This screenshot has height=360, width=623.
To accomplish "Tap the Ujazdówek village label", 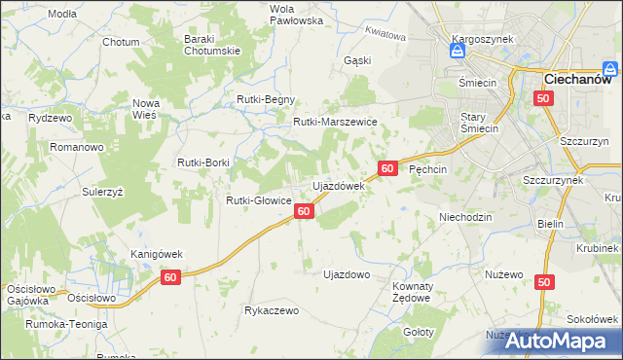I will (x=337, y=185).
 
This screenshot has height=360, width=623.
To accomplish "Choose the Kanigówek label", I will (x=157, y=254).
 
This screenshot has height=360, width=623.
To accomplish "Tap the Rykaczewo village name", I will (x=272, y=311).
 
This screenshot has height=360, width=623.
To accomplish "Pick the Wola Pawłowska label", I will (x=268, y=14).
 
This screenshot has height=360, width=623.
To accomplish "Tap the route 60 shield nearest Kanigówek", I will (x=171, y=278).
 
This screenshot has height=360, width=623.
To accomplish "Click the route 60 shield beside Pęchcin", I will (x=387, y=168).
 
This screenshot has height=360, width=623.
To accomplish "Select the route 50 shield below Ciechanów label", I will (x=544, y=98).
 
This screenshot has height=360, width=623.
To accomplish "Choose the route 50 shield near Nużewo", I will (x=544, y=282).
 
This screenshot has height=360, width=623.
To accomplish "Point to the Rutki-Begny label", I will (x=266, y=100).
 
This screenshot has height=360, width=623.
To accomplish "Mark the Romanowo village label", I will (x=77, y=147).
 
